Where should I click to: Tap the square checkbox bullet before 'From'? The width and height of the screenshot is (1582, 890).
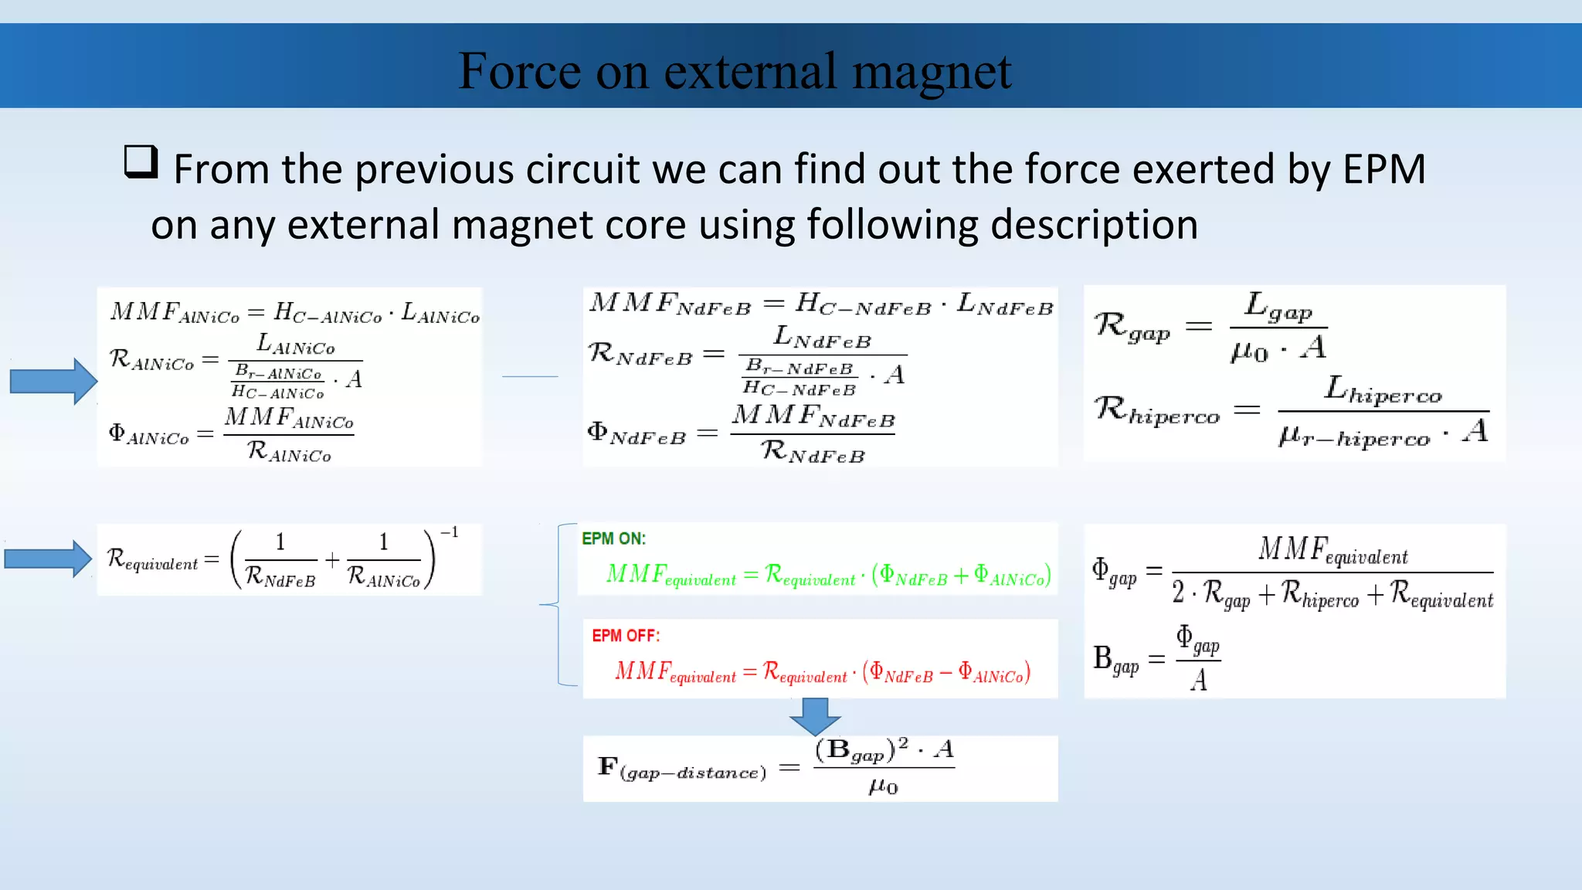tap(141, 162)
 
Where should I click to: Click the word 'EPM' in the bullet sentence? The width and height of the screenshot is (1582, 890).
tap(1383, 169)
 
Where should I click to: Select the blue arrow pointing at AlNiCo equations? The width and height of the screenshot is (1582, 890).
tap(53, 381)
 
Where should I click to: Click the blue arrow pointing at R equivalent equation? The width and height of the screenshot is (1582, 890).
tap(48, 559)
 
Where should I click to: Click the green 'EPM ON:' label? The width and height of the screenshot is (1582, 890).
tap(613, 538)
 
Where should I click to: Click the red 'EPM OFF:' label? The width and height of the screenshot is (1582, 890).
tap(626, 636)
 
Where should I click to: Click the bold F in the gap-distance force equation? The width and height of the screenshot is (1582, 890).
tap(608, 766)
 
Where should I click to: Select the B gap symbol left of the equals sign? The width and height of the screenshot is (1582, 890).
tap(1115, 660)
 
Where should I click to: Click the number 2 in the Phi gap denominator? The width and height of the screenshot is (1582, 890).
tap(1178, 593)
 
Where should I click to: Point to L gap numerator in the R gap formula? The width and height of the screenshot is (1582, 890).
tap(1278, 307)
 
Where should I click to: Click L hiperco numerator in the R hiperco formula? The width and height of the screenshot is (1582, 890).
tap(1383, 390)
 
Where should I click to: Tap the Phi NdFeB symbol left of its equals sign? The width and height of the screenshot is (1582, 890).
tap(636, 433)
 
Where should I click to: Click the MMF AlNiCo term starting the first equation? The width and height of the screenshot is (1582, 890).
tap(175, 312)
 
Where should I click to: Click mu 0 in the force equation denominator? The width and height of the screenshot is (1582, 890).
tap(883, 786)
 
